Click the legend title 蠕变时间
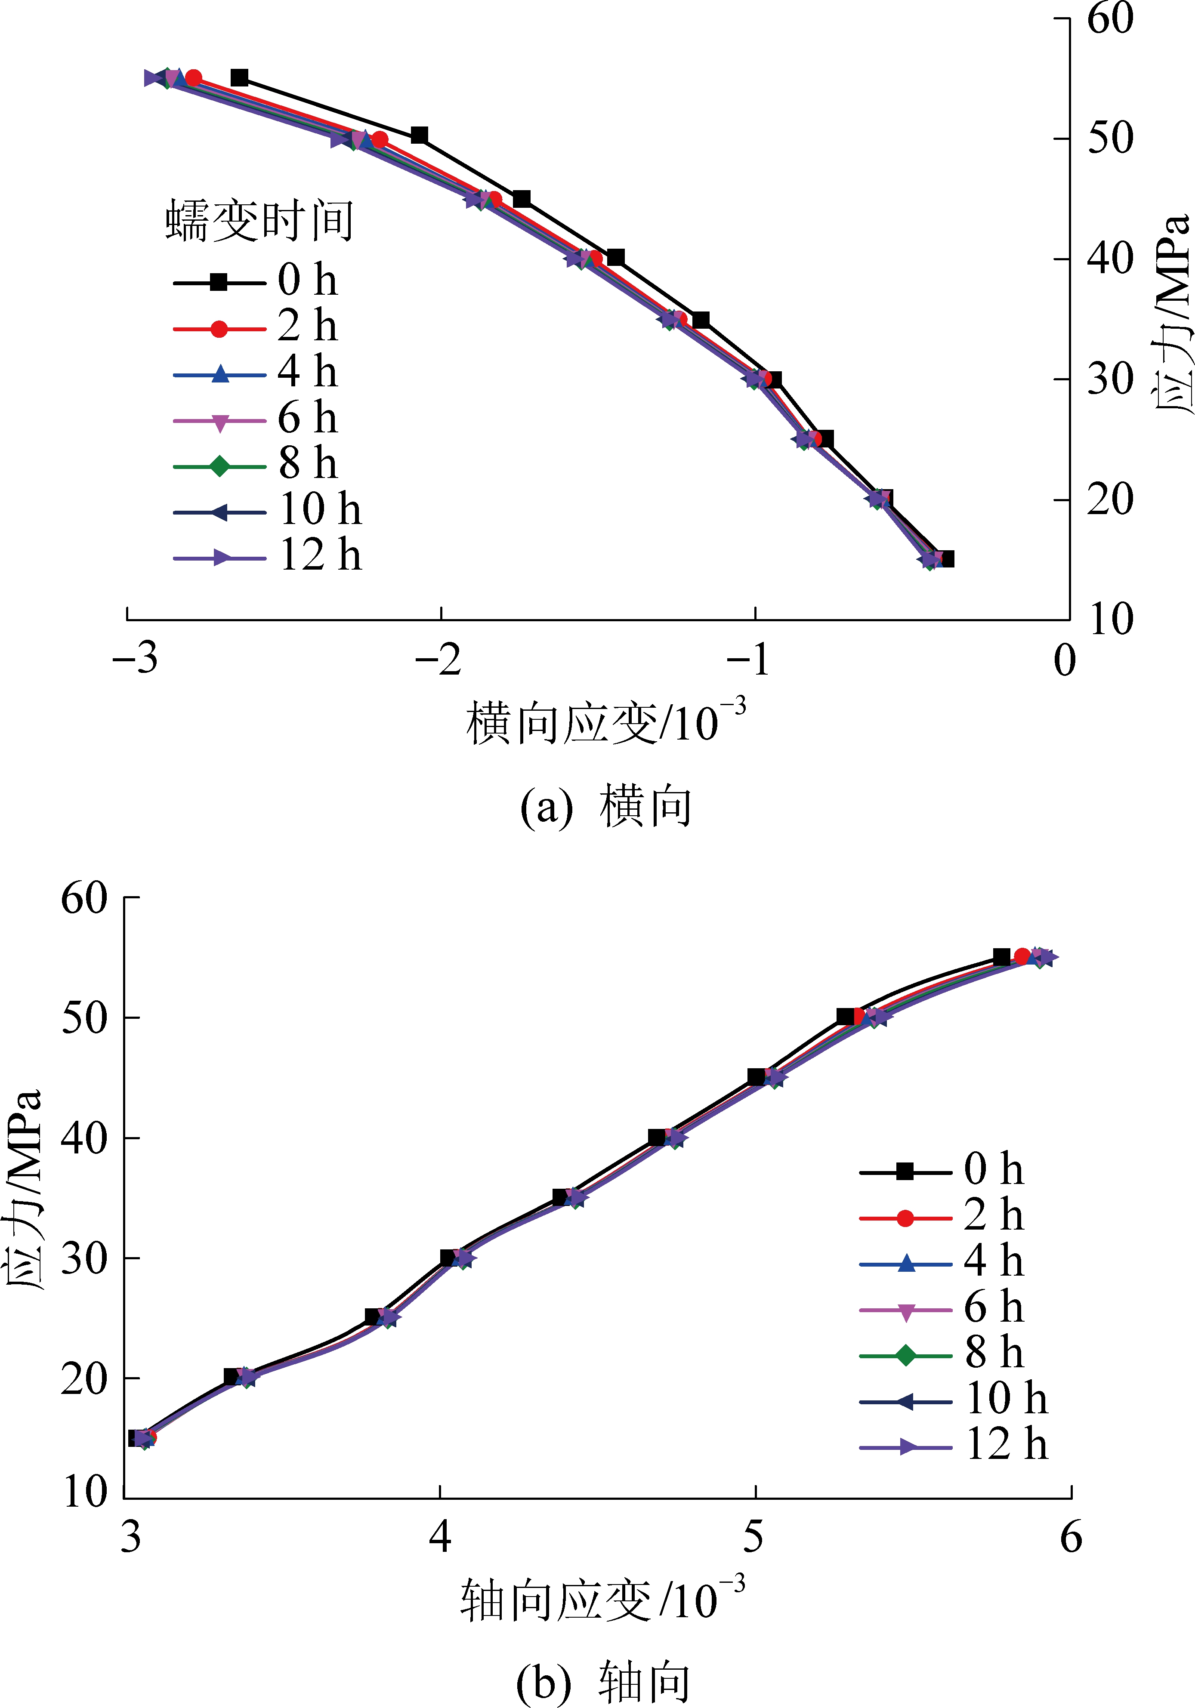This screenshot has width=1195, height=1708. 259,221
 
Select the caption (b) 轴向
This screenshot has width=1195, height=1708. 603,1683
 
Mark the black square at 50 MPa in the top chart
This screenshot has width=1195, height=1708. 419,136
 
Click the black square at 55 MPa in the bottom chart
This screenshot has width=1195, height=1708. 1001,957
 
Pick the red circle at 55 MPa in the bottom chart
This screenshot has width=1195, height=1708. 1022,957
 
